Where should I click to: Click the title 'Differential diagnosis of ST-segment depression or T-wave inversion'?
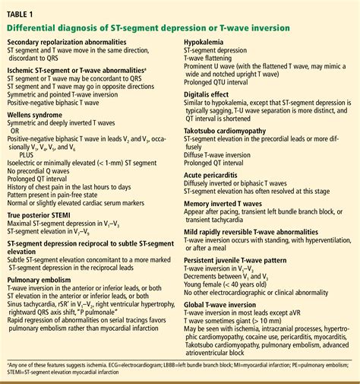pyautogui.click(x=148, y=28)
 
